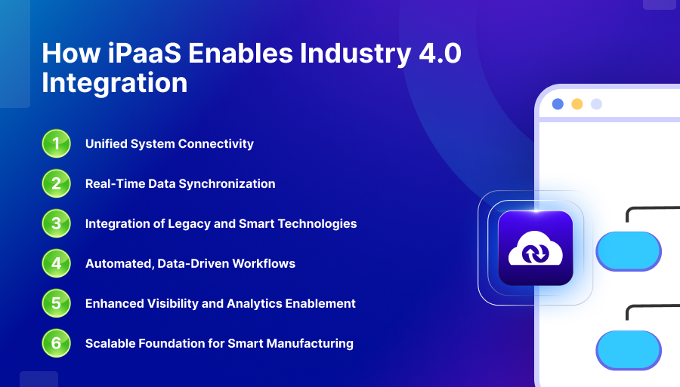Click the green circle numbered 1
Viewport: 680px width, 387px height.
pyautogui.click(x=57, y=144)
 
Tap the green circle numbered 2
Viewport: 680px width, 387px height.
pyautogui.click(x=57, y=183)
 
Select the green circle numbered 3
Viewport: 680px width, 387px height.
pyautogui.click(x=57, y=223)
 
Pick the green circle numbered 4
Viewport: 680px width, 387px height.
pyautogui.click(x=57, y=263)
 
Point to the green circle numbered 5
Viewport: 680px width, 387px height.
pyautogui.click(x=57, y=303)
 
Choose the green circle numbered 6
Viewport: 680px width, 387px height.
pyautogui.click(x=57, y=343)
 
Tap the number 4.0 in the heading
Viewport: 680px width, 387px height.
pyautogui.click(x=440, y=54)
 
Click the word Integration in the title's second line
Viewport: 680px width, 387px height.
pyautogui.click(x=115, y=83)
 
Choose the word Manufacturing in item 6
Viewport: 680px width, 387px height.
pyautogui.click(x=310, y=343)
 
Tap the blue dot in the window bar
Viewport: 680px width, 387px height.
pyautogui.click(x=558, y=104)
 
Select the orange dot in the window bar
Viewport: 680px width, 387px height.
pyautogui.click(x=576, y=104)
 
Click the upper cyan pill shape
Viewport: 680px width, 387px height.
pyautogui.click(x=629, y=251)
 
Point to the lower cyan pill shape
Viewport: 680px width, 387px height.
pyautogui.click(x=629, y=350)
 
